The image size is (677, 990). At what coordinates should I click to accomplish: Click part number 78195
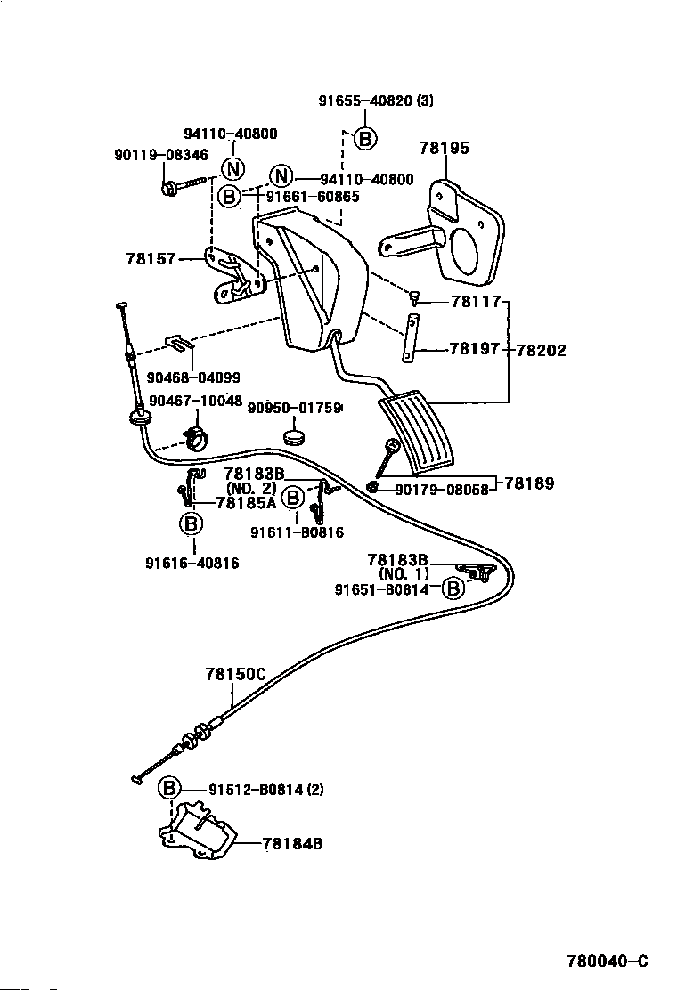pyautogui.click(x=444, y=149)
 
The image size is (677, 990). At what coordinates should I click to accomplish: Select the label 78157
pyautogui.click(x=151, y=260)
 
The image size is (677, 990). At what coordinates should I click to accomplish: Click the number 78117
pyautogui.click(x=475, y=302)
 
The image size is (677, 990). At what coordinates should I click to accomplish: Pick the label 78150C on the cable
pyautogui.click(x=235, y=674)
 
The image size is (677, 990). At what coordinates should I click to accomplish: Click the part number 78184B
pyautogui.click(x=292, y=843)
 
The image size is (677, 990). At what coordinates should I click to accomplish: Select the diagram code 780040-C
pyautogui.click(x=608, y=961)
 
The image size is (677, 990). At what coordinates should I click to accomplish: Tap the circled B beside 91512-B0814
pyautogui.click(x=170, y=788)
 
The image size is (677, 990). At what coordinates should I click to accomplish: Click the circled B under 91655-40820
pyautogui.click(x=364, y=138)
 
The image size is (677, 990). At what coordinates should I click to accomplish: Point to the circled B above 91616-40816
pyautogui.click(x=192, y=524)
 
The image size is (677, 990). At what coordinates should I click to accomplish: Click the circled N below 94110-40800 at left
pyautogui.click(x=232, y=168)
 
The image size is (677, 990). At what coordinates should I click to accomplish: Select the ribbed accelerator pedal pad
pyautogui.click(x=416, y=432)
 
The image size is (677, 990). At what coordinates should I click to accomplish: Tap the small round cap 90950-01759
pyautogui.click(x=295, y=436)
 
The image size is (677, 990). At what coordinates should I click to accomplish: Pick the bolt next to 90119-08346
pyautogui.click(x=184, y=187)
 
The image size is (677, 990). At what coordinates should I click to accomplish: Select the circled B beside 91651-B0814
pyautogui.click(x=453, y=588)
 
